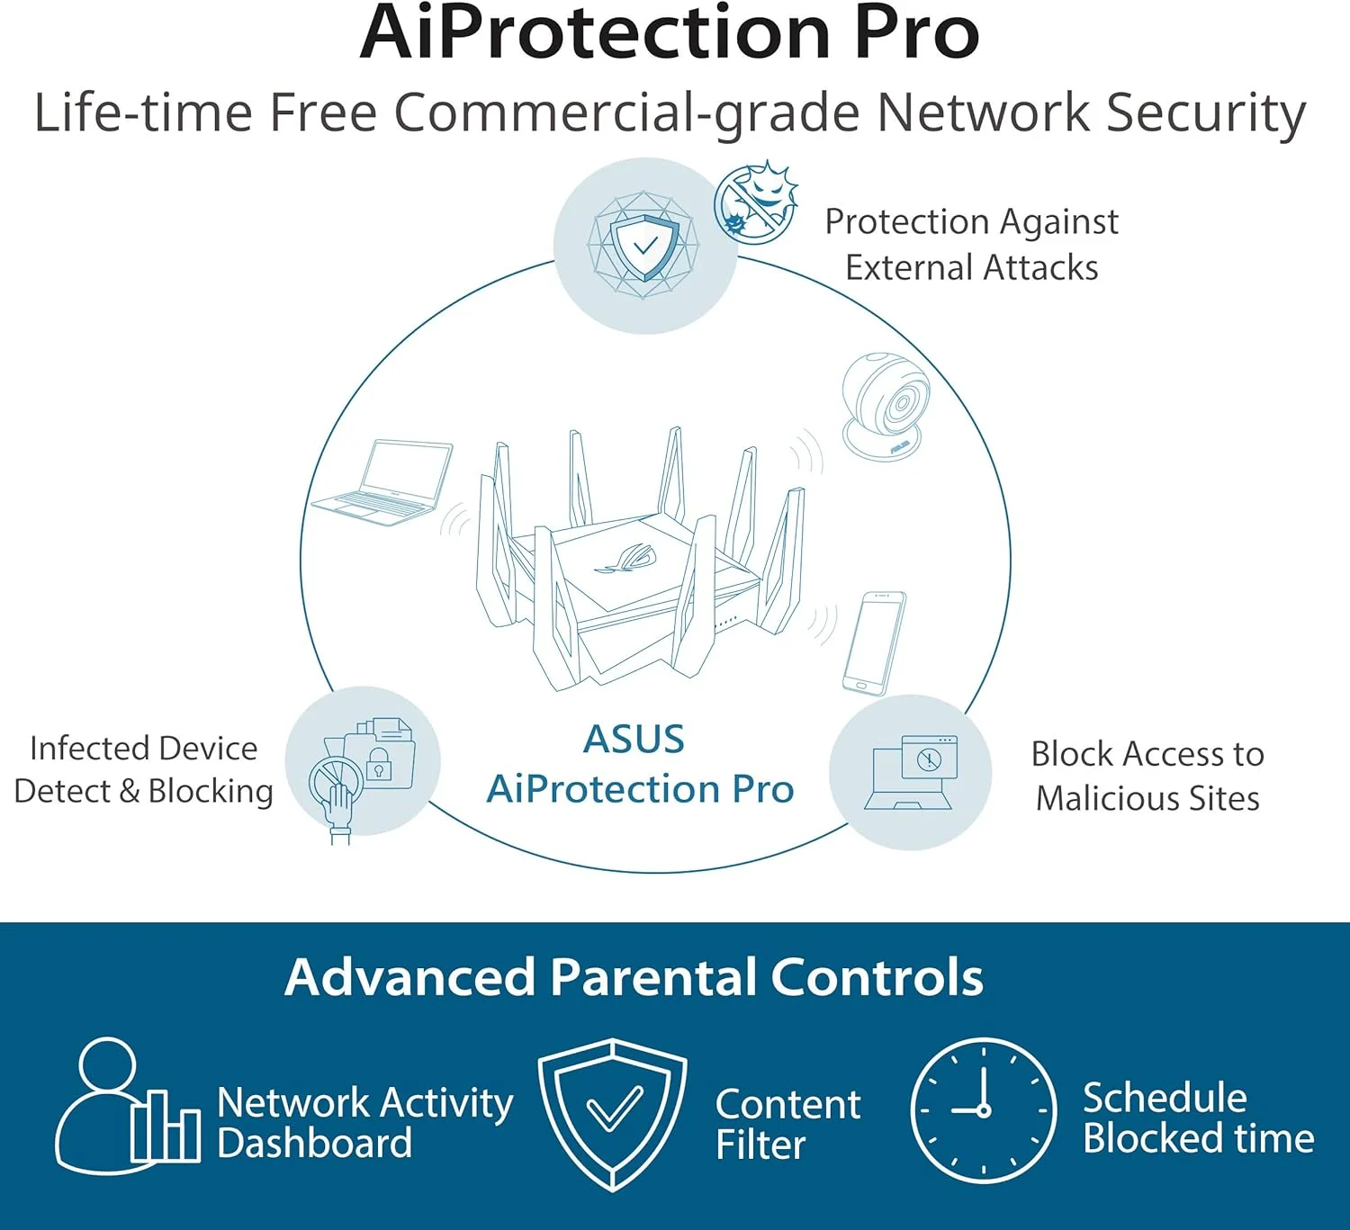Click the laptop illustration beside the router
click(x=382, y=482)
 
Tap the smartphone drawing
click(x=874, y=643)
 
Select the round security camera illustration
click(x=885, y=406)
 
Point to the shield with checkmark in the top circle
click(x=644, y=247)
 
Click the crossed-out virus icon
click(x=756, y=202)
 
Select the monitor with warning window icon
click(x=911, y=772)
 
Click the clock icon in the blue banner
click(x=983, y=1110)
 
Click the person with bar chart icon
click(x=127, y=1106)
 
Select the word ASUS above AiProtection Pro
click(x=634, y=739)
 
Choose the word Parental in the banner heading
click(x=653, y=976)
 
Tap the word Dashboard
click(x=314, y=1144)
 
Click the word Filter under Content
click(x=760, y=1145)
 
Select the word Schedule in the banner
click(x=1165, y=1098)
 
